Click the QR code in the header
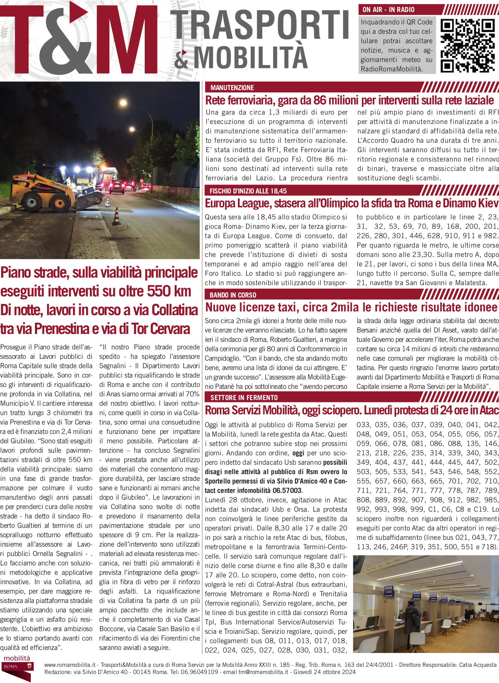pos(467,46)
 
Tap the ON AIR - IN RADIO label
pos(389,10)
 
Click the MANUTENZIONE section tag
pos(232,88)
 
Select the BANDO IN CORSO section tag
pos(233,295)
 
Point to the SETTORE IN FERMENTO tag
pos(244,397)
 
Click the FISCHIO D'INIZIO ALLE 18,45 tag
pos(248,191)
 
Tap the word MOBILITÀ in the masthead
pos(251,57)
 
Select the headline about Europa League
pos(351,204)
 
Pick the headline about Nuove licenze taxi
pos(351,307)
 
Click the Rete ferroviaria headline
pos(349,100)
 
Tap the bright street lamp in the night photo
pos(123,103)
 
